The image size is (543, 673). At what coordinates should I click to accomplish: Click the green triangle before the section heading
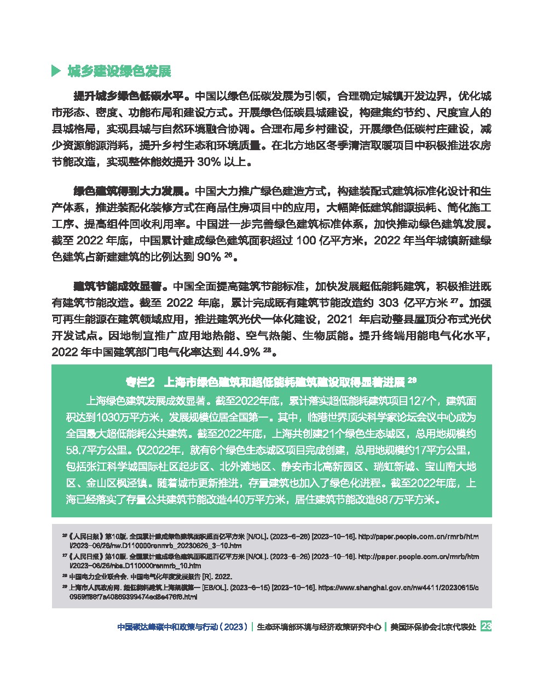click(x=55, y=71)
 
